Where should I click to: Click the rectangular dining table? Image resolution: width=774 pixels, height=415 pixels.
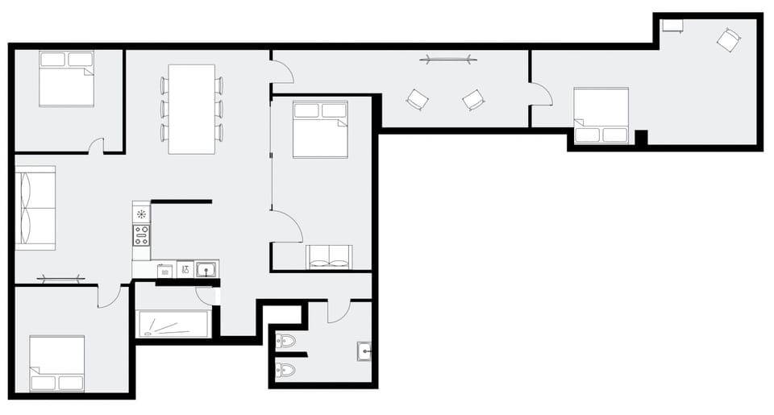coord(191,109)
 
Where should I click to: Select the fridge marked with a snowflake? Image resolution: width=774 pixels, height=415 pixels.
coord(141,214)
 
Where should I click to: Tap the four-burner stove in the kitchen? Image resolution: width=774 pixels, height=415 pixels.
coord(141,235)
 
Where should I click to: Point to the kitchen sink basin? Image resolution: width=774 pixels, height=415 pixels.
coord(206,269)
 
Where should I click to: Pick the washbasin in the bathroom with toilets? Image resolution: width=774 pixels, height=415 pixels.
coord(364,351)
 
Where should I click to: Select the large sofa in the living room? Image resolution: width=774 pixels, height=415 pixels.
coord(35,207)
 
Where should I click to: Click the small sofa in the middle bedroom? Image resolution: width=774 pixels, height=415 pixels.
coord(329,257)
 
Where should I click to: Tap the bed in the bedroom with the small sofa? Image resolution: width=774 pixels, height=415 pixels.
coord(320,129)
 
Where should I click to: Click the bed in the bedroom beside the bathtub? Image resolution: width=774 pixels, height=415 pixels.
coord(57,363)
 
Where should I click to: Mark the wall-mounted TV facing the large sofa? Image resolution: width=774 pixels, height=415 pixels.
coord(60,280)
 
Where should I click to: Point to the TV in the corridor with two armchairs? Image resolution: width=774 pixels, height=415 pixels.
coord(447,59)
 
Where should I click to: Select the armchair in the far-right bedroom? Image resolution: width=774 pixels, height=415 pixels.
coord(728,39)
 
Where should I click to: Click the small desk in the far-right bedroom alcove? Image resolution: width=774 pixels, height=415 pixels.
coord(672,26)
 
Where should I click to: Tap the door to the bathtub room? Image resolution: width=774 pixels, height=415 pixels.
coord(206,296)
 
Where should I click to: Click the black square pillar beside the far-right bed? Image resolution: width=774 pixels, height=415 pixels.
coord(641,137)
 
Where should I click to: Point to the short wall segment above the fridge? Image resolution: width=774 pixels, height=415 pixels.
coord(181,201)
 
